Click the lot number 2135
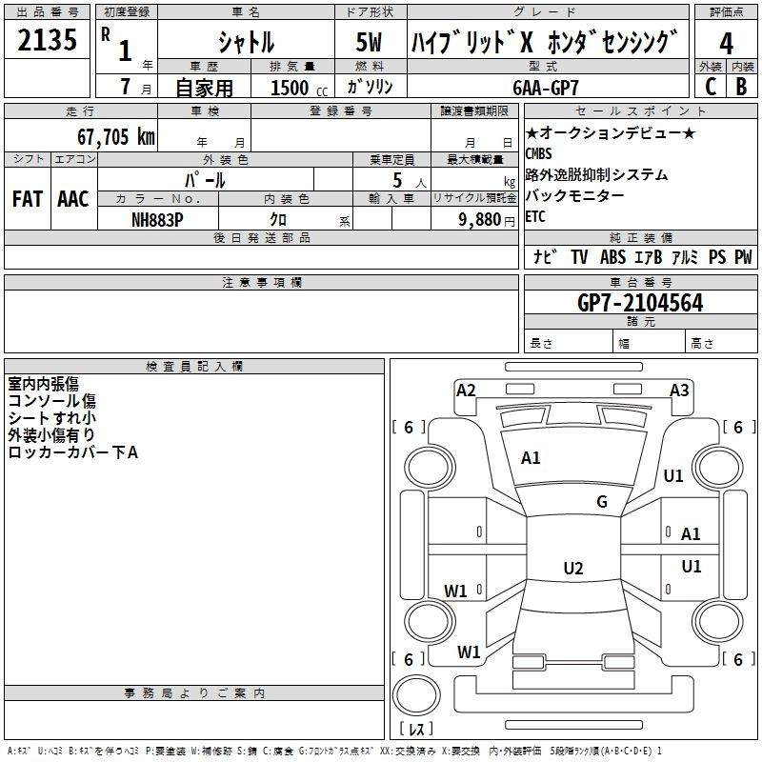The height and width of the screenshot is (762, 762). point(48,42)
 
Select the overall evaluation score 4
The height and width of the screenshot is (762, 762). point(727,44)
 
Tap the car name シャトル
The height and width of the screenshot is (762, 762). point(246,42)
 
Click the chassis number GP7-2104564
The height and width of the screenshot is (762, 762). point(640,303)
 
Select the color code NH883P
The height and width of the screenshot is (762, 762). point(157,219)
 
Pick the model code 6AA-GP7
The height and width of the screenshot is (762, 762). point(558,87)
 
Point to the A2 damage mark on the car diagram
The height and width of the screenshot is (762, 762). point(466,390)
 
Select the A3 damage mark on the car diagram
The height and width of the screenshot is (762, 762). point(679,390)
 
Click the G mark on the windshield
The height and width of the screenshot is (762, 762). point(602,502)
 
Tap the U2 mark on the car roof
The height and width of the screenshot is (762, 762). point(573,569)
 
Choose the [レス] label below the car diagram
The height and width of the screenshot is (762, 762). point(415,729)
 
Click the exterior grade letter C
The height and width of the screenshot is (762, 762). point(710,87)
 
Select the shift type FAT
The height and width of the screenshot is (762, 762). point(27,199)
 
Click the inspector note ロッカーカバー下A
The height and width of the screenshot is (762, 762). point(73,452)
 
